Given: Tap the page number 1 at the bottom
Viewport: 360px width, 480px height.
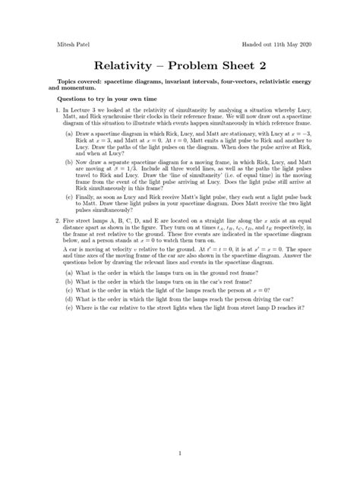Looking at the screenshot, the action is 180,433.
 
